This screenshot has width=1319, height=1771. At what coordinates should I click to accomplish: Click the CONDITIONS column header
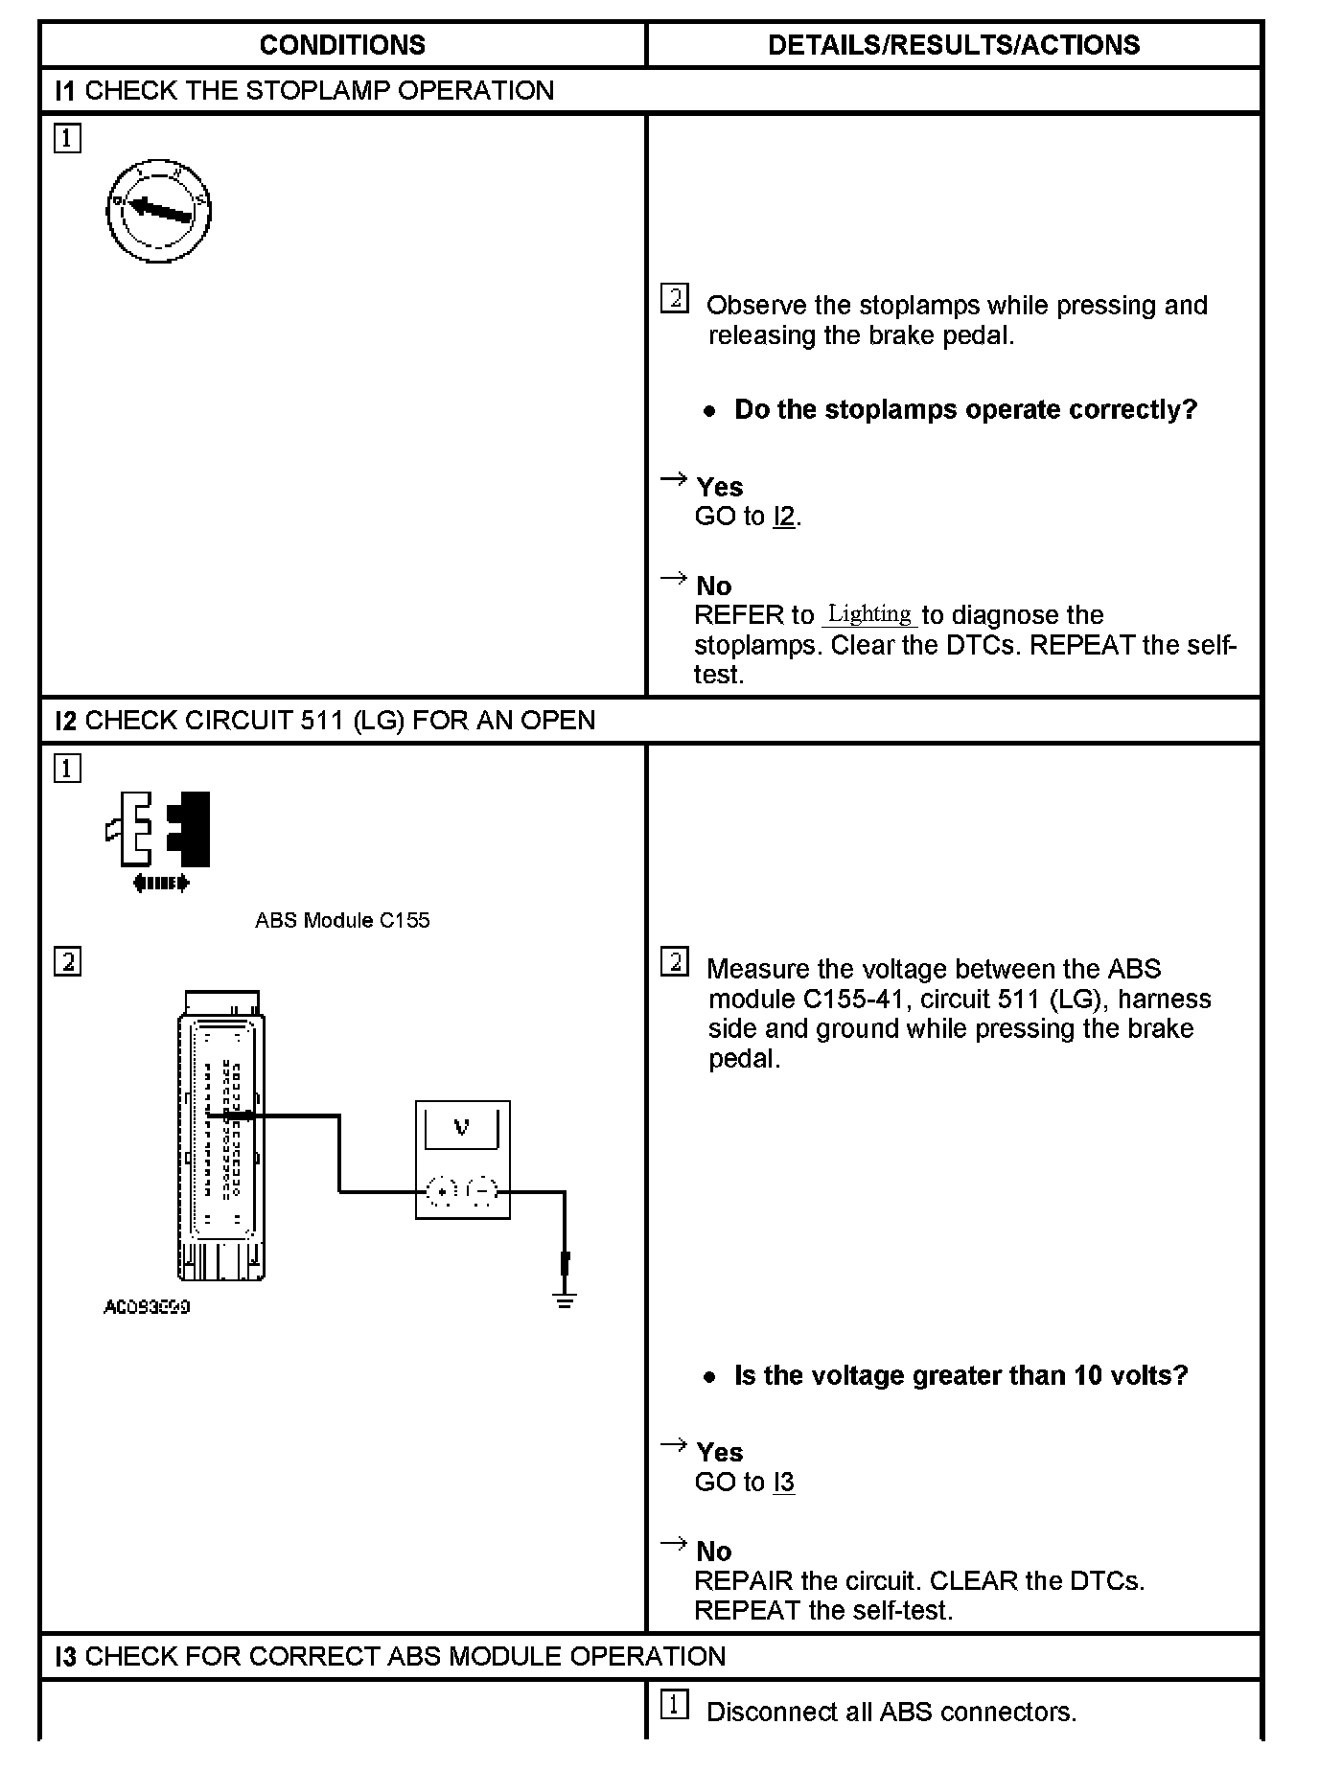(342, 45)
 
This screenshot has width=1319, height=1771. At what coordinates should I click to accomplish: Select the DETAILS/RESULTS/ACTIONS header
(954, 45)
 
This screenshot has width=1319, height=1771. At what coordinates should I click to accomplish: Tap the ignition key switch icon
(158, 211)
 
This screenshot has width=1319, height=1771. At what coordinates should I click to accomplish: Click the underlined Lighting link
(869, 614)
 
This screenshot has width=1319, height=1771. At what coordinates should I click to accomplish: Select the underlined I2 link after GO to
(783, 517)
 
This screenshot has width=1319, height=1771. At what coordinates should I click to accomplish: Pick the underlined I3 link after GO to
(783, 1483)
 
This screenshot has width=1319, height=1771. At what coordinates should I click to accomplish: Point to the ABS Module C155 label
(342, 920)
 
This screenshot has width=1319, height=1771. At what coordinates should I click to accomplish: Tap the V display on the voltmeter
(462, 1127)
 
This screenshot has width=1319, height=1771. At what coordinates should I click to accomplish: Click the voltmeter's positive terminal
(441, 1191)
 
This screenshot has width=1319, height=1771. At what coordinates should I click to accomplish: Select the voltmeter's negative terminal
(482, 1191)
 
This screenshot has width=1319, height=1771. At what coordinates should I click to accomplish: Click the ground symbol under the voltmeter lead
(565, 1300)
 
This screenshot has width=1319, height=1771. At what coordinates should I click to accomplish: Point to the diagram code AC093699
(147, 1307)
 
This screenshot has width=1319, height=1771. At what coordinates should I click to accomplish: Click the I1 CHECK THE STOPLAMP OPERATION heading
(305, 91)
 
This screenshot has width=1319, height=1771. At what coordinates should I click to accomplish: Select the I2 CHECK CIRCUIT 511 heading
(326, 721)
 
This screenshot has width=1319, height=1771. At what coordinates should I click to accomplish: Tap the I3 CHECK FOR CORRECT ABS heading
(391, 1657)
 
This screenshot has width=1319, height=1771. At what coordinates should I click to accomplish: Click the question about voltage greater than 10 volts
(960, 1376)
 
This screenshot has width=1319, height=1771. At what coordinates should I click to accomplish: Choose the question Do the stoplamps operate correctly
(965, 410)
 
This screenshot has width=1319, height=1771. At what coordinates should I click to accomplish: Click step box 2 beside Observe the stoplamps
(675, 299)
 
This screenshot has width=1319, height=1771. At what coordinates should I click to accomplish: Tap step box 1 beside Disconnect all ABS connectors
(675, 1705)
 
